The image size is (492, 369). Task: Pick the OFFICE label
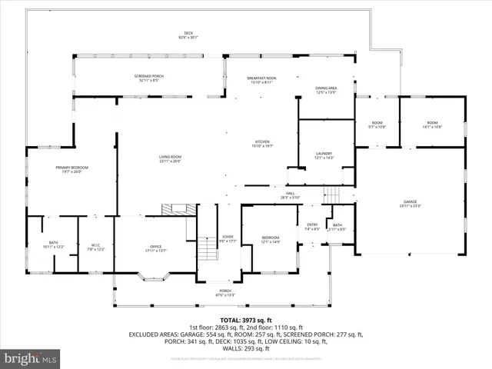coord(156,248)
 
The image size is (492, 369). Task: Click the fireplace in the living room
coord(178,209)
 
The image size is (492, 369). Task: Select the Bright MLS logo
coord(31,358)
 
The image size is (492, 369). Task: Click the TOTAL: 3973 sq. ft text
coord(247,319)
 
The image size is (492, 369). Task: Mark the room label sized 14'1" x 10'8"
coord(432,125)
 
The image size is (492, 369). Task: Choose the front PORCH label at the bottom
coord(224,292)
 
